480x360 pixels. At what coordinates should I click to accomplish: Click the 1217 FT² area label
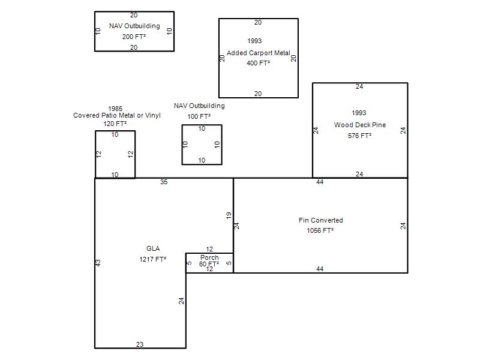[153, 259]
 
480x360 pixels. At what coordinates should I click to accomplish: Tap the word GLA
[153, 248]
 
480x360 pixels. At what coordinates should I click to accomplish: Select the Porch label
[209, 257]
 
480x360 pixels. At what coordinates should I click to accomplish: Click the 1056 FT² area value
[320, 230]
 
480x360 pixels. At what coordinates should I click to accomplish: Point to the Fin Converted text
[321, 220]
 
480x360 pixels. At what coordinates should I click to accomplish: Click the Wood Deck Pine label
[360, 125]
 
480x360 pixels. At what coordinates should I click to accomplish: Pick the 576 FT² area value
[359, 136]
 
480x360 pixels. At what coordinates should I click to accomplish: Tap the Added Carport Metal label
[259, 53]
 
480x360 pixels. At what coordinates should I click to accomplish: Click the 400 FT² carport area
[259, 63]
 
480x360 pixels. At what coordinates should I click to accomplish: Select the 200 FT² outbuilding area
[134, 37]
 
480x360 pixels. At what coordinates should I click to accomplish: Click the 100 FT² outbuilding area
[199, 116]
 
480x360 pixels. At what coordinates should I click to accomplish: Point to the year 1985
[115, 109]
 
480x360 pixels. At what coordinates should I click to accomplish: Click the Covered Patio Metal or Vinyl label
[117, 115]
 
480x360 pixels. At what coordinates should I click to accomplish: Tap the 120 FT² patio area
[115, 124]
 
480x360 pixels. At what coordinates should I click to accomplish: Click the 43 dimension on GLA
[98, 263]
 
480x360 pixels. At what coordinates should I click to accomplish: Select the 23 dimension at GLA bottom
[140, 344]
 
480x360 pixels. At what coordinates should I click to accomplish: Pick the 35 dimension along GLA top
[164, 182]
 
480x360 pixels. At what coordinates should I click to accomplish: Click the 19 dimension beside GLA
[229, 215]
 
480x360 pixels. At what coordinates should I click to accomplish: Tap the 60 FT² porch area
[209, 264]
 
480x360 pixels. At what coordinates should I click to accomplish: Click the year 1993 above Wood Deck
[359, 113]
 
